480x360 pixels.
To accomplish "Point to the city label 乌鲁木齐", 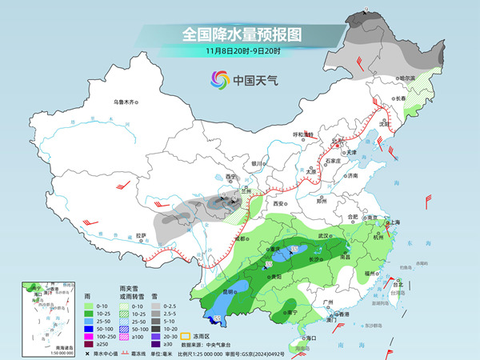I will (x=126, y=102).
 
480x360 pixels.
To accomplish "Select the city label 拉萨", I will (x=142, y=235).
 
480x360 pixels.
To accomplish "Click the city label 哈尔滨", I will (x=409, y=78).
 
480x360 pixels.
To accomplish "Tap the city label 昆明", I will (x=229, y=291).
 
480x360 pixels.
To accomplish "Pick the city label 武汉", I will (x=323, y=236).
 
